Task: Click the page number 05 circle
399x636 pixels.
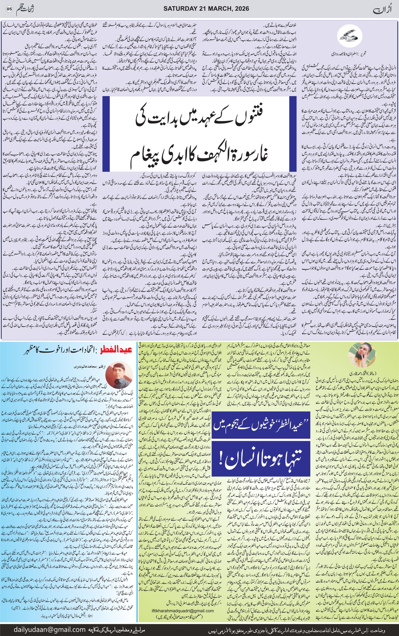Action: coord(9,9)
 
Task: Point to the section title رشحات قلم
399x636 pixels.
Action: coord(26,9)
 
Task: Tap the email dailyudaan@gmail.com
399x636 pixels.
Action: coord(50,627)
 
